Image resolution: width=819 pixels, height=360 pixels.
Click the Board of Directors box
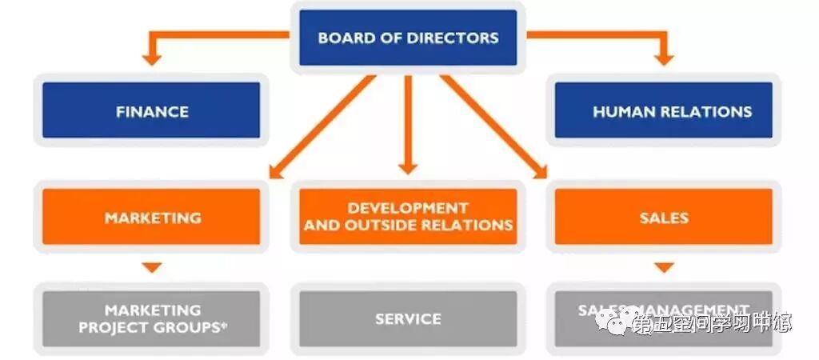point(408,38)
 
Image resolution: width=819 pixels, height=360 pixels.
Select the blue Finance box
point(151,111)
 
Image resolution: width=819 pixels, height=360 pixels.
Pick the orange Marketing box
point(151,217)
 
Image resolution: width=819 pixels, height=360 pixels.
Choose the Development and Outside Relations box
point(408,217)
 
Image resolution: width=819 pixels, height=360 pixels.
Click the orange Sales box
point(664,217)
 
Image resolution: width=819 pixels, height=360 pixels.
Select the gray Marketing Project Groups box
point(151,318)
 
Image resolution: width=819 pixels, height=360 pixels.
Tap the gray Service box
point(408,318)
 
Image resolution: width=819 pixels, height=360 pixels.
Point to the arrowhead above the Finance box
point(152,58)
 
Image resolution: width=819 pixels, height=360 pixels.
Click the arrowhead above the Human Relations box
point(664,58)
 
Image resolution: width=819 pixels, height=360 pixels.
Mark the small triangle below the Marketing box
point(152,267)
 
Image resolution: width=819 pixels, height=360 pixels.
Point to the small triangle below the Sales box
point(664,267)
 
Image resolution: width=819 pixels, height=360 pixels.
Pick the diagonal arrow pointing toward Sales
point(492,126)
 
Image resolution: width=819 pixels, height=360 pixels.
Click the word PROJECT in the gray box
point(112,327)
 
